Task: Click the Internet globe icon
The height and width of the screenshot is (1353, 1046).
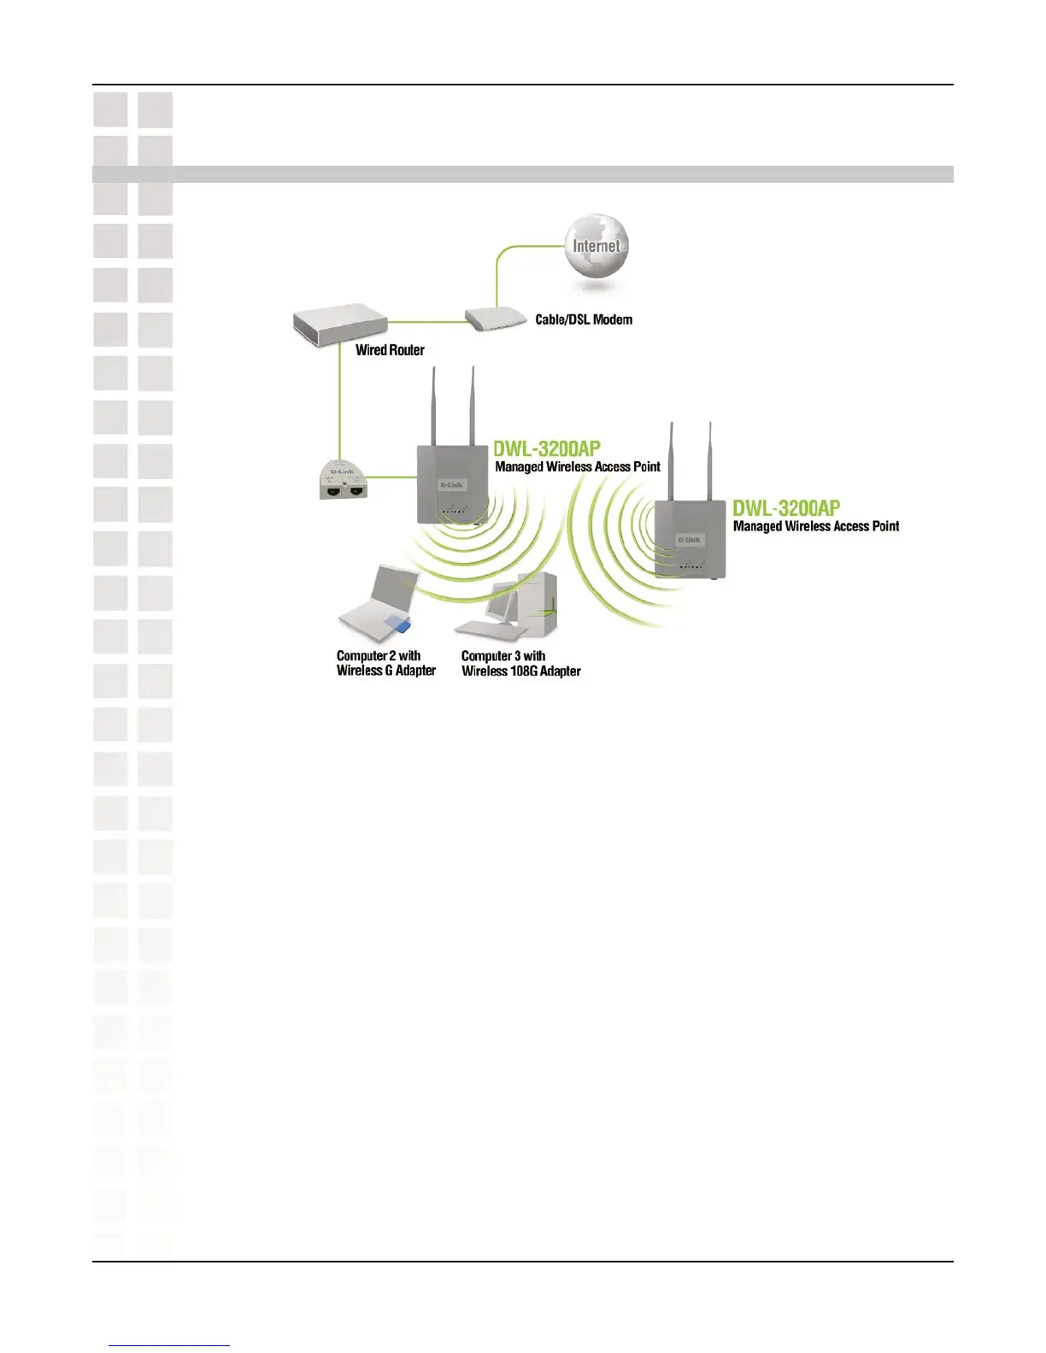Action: coord(596,246)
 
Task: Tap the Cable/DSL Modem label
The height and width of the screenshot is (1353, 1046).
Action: coord(584,319)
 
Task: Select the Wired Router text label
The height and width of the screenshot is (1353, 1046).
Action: coord(390,349)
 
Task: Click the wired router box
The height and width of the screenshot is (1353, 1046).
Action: coord(339,327)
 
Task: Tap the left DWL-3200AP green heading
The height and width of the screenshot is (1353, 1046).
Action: coord(547,448)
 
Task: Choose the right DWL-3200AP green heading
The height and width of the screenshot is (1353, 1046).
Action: coord(786,508)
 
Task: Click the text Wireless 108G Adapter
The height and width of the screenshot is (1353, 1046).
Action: coord(521,671)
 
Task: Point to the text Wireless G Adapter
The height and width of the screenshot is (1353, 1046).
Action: coord(386,671)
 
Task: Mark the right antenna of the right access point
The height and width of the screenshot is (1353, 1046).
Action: coord(709,461)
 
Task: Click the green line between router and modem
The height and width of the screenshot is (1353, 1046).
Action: coord(426,322)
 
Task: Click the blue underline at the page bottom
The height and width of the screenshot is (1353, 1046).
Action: coord(169,1345)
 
